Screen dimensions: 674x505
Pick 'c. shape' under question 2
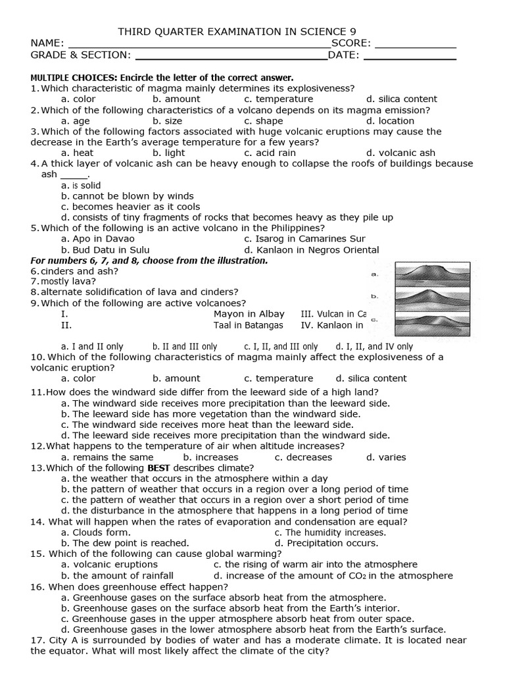point(263,121)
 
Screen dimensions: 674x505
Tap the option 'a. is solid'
point(81,186)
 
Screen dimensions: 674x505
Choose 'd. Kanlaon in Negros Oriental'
point(311,250)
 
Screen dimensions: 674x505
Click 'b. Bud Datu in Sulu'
point(105,250)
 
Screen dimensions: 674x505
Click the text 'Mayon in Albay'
point(249,315)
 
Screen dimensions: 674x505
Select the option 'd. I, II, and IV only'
point(374,346)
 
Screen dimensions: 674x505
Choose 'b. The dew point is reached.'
point(125,543)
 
